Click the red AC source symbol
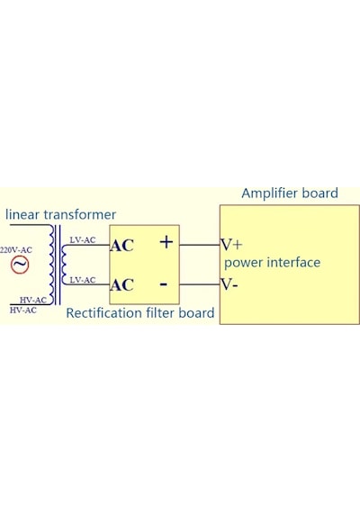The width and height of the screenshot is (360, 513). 20,265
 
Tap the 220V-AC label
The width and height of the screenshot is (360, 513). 16,250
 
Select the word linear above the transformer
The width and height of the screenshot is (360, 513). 22,214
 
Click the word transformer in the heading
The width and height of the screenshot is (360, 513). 80,214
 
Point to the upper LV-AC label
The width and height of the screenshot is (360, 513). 83,239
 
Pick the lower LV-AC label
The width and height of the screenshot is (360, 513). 83,280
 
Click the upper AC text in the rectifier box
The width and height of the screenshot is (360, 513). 121,246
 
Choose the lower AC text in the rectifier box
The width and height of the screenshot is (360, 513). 121,285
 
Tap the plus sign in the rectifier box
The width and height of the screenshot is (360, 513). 166,242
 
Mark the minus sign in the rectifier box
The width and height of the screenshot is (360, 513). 164,284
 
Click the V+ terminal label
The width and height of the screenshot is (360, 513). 231,245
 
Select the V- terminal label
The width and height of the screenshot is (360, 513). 229,284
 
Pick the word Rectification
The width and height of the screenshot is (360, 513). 104,313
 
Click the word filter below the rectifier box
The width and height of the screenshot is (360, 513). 160,313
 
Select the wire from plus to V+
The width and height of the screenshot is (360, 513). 200,245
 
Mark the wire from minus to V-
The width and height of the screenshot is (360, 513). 200,284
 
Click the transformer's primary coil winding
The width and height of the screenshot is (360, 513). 51,265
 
